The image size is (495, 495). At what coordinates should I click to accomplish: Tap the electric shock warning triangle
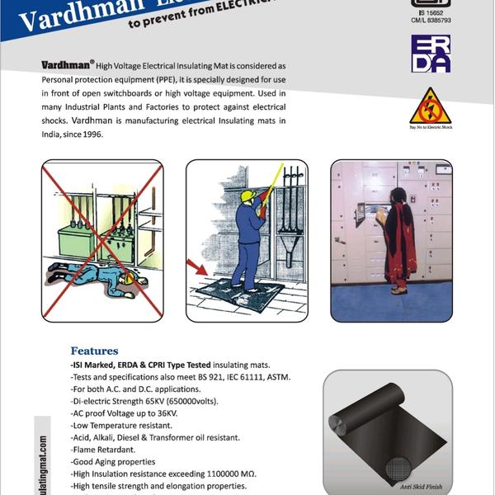click(431, 106)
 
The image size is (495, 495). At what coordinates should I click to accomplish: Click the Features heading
click(94, 351)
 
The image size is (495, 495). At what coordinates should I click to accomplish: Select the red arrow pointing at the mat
click(197, 266)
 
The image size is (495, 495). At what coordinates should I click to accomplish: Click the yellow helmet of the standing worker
click(246, 196)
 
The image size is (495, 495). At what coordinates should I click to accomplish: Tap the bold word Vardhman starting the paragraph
click(67, 64)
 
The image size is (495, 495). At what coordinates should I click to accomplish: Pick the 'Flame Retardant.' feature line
click(103, 450)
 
